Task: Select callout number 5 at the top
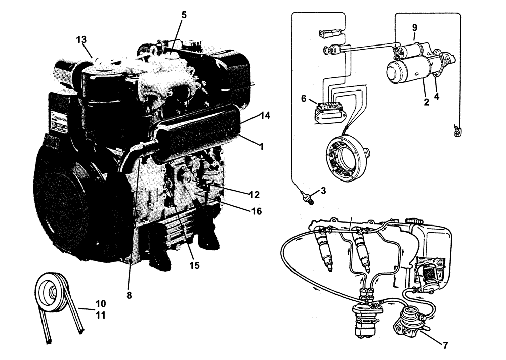184,15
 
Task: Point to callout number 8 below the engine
129,295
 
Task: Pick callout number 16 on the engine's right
257,211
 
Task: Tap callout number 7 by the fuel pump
445,346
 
